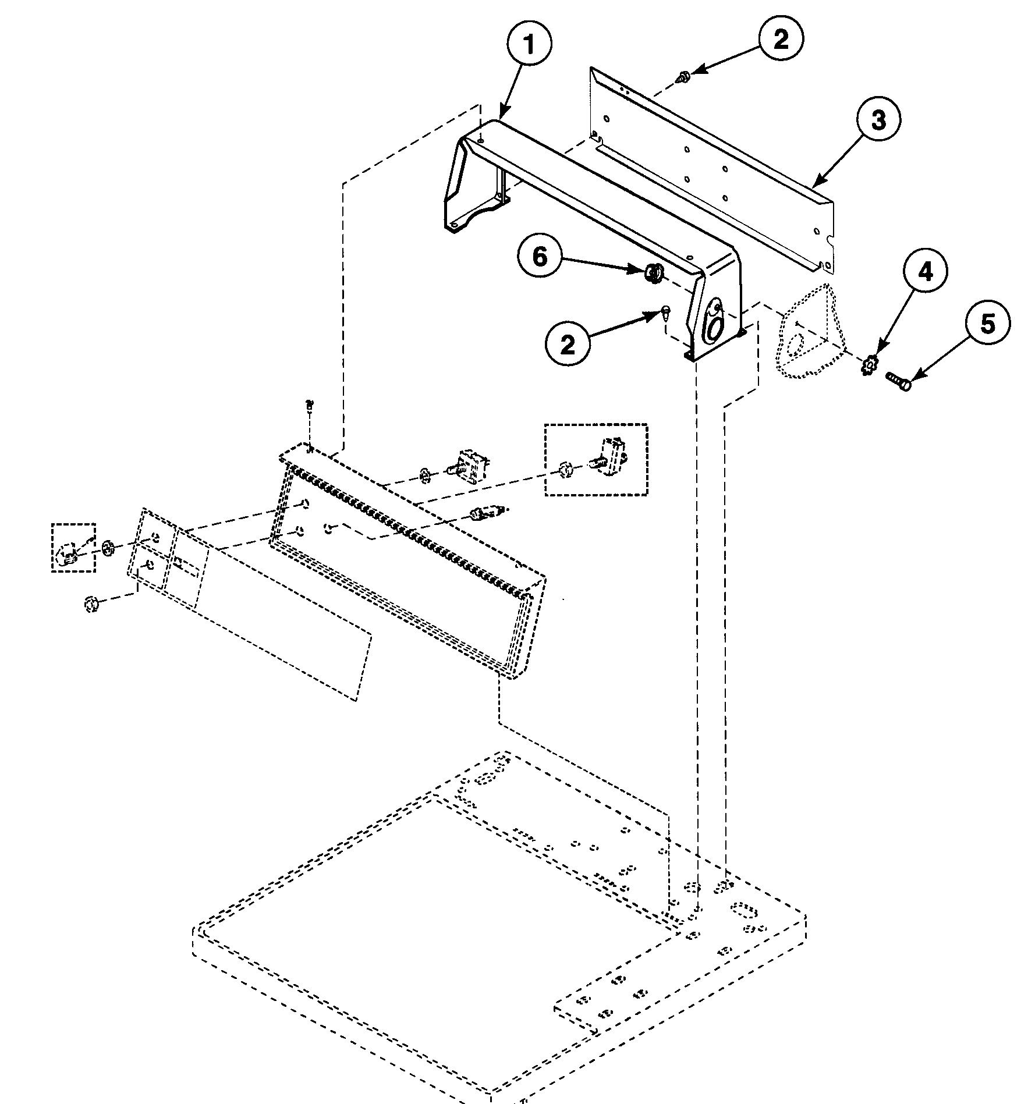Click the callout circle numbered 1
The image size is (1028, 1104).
click(x=529, y=45)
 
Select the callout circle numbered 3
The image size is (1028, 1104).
click(x=878, y=120)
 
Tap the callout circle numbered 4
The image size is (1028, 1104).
click(x=925, y=271)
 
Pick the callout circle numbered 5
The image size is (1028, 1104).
click(x=988, y=324)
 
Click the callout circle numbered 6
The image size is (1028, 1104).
click(x=540, y=257)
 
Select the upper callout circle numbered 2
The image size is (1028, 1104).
click(x=781, y=39)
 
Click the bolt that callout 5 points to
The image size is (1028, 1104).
click(x=898, y=382)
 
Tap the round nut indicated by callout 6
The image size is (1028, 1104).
click(x=653, y=272)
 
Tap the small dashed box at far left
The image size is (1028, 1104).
click(x=73, y=546)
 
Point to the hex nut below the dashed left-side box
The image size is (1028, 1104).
click(x=90, y=604)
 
